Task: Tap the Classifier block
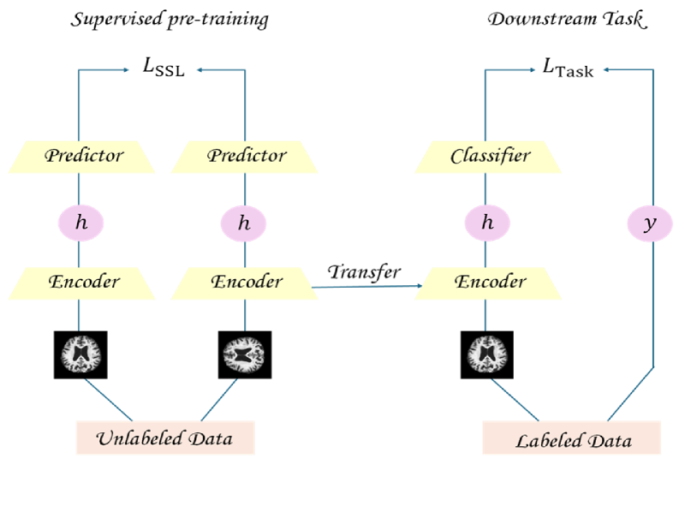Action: (x=488, y=157)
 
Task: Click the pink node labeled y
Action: (x=650, y=223)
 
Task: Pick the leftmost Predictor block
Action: (x=82, y=157)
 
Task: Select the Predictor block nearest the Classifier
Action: (x=245, y=157)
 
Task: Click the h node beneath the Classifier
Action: (x=488, y=223)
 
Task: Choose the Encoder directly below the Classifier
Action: (x=488, y=283)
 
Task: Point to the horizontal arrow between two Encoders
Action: (x=368, y=287)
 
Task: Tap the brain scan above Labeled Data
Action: (x=488, y=352)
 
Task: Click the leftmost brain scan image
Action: (x=82, y=352)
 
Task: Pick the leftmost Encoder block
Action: (x=82, y=283)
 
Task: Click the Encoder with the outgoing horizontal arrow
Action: (x=245, y=283)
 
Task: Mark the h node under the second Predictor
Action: (x=244, y=223)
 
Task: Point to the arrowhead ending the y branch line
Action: (x=606, y=71)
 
